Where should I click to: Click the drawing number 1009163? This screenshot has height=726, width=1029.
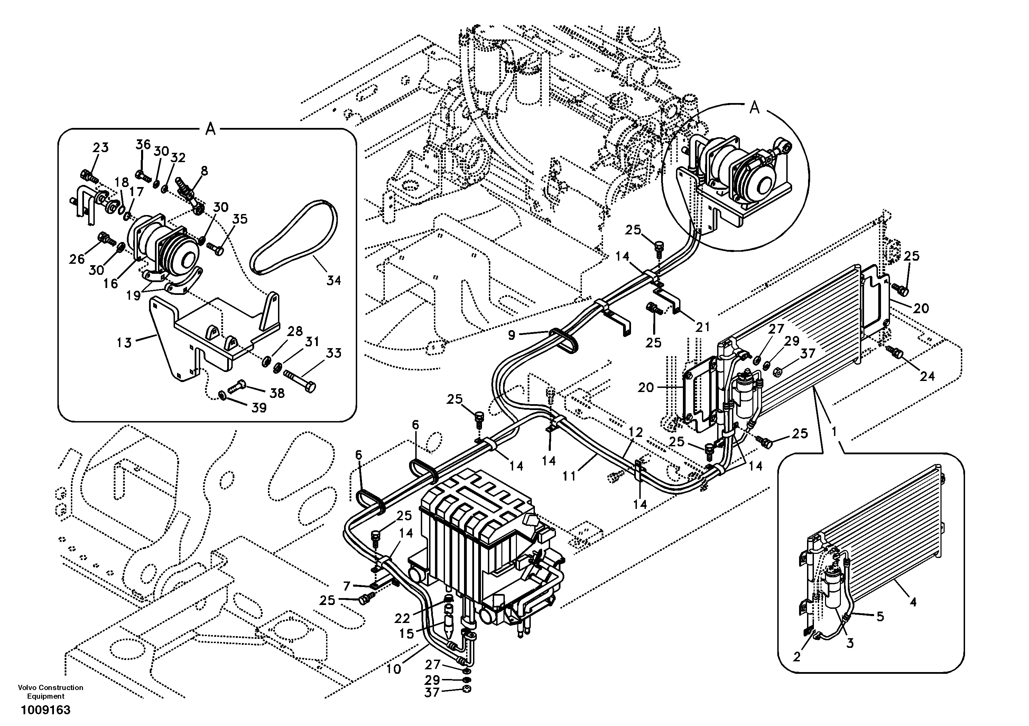click(x=45, y=710)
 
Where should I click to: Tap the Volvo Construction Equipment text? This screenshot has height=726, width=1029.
click(x=50, y=691)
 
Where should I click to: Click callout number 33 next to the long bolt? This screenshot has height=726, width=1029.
click(x=333, y=353)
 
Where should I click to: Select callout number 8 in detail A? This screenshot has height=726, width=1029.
click(x=204, y=171)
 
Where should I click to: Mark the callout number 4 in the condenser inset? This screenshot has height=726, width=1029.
click(x=913, y=602)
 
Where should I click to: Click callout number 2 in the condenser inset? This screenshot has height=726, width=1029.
click(x=796, y=657)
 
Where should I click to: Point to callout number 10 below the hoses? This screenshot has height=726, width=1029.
click(x=393, y=669)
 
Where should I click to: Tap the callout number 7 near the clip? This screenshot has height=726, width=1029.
click(x=346, y=586)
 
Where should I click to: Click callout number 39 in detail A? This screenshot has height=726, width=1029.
click(x=259, y=408)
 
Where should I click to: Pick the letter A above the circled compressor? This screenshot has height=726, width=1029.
click(x=755, y=108)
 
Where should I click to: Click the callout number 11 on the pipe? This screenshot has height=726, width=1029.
click(x=569, y=476)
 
